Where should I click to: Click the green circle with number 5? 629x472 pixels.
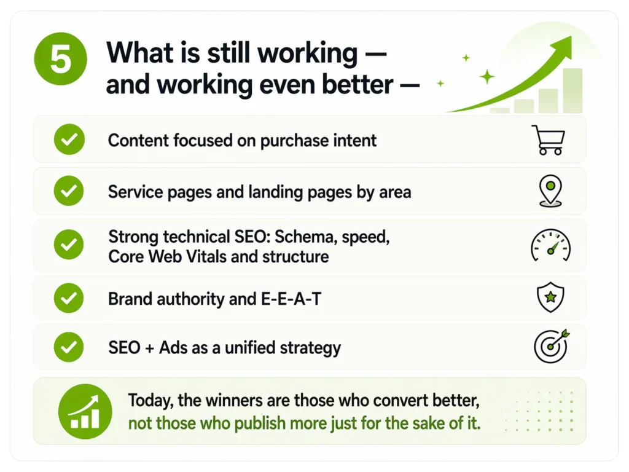pos(61,58)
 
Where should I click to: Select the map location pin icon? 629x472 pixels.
pos(550,191)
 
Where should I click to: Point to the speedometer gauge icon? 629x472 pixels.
pos(551,246)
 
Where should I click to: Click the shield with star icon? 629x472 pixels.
pos(550,297)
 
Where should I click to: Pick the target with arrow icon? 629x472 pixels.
pos(552,346)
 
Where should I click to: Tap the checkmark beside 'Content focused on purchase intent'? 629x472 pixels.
pos(69,140)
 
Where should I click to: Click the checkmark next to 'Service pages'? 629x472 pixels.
pos(69,191)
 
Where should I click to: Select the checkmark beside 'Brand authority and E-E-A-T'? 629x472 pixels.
pos(69,298)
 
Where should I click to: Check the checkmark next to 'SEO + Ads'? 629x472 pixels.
pos(69,347)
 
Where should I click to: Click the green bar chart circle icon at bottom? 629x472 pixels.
pos(85,411)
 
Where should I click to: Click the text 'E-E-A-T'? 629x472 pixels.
pos(291,299)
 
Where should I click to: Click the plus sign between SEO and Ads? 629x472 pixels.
pos(150,348)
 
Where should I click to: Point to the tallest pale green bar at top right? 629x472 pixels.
pos(572,91)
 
